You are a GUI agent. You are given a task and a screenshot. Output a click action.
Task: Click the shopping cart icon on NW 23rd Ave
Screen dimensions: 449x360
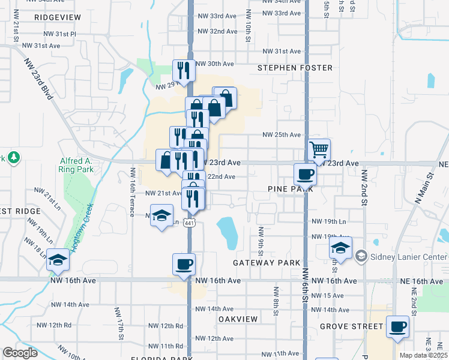pyautogui.click(x=319, y=149)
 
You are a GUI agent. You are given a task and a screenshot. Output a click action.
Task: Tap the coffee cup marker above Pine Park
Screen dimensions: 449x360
pyautogui.click(x=304, y=174)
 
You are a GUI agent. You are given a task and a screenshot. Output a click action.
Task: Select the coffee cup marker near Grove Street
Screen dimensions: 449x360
pyautogui.click(x=397, y=326)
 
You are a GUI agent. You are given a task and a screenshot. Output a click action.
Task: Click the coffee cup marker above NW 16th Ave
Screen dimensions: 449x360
pyautogui.click(x=184, y=264)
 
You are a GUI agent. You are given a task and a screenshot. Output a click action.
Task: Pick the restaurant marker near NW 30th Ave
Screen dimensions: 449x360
pyautogui.click(x=183, y=70)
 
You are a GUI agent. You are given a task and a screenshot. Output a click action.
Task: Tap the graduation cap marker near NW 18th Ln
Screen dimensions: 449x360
pyautogui.click(x=58, y=259)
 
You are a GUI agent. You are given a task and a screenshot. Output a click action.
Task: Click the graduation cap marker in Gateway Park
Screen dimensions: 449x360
pyautogui.click(x=340, y=248)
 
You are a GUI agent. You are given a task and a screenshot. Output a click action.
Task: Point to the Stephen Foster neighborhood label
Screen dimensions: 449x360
pyautogui.click(x=295, y=68)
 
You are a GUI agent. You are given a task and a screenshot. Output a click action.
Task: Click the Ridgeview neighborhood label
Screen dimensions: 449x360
pyautogui.click(x=58, y=17)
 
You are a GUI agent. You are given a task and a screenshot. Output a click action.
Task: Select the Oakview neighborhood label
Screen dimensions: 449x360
pyautogui.click(x=238, y=319)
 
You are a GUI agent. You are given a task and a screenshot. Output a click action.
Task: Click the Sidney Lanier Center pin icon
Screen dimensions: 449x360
pyautogui.click(x=360, y=257)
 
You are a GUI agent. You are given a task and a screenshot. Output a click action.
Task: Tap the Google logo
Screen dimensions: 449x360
pyautogui.click(x=20, y=353)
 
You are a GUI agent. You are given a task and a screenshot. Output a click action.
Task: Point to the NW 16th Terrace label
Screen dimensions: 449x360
pyautogui.click(x=133, y=192)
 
